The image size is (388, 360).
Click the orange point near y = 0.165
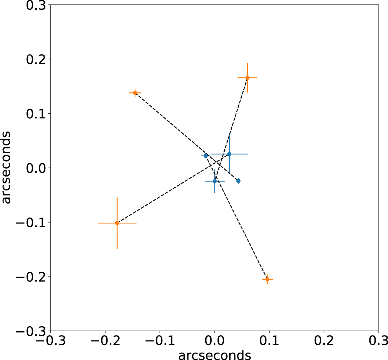(x=248, y=78)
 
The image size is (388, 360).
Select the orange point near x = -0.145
(x=135, y=93)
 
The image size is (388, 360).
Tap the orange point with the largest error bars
(x=117, y=223)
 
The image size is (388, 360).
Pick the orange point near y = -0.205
(x=267, y=279)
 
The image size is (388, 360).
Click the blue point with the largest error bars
(x=229, y=154)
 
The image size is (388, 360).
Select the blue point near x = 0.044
(x=238, y=181)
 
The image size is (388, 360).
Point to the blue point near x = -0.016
(x=206, y=156)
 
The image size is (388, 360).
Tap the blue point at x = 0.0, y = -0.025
(x=215, y=182)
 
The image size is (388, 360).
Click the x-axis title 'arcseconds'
(x=215, y=355)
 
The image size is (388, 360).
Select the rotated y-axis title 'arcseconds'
(x=6, y=168)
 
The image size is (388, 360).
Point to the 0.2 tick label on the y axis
(x=36, y=60)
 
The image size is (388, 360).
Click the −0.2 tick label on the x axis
(x=106, y=341)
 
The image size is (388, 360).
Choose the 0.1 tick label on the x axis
(x=269, y=341)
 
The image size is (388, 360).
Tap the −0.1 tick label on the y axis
(x=31, y=223)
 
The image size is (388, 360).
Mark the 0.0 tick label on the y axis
(x=36, y=168)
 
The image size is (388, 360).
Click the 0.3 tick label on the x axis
(x=379, y=341)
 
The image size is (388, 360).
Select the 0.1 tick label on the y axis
(x=36, y=114)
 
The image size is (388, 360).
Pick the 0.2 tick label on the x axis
(x=324, y=341)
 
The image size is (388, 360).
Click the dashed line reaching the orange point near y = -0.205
(x=236, y=218)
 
